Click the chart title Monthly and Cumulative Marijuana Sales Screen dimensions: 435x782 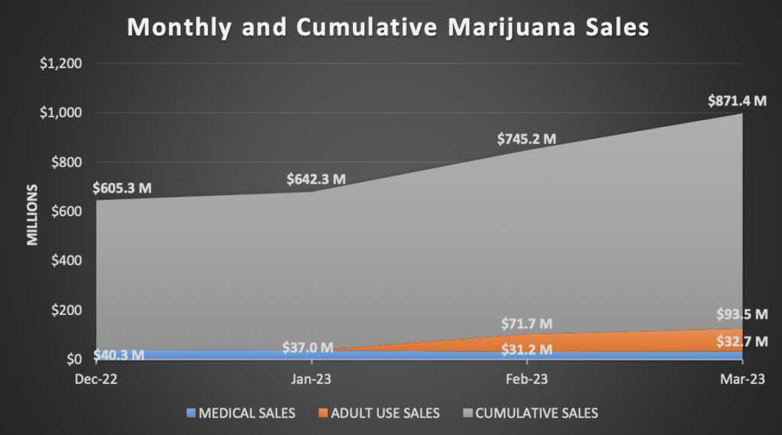(x=388, y=28)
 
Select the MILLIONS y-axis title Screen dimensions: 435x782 (x=33, y=213)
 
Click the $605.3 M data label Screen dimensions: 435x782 (x=121, y=187)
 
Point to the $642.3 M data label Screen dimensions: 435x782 (x=316, y=180)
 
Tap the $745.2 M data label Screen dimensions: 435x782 (x=527, y=139)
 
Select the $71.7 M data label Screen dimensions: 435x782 (x=527, y=324)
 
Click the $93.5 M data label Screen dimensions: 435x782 (x=742, y=314)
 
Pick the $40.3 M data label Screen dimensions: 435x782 (x=119, y=355)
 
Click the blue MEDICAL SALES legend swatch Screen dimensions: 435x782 (x=191, y=414)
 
